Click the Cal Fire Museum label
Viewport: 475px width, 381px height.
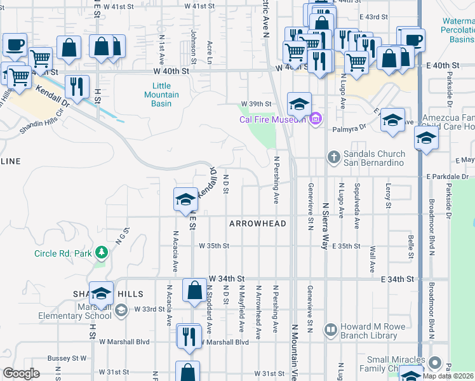pos(273,119)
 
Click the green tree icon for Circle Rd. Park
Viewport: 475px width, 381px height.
pos(101,253)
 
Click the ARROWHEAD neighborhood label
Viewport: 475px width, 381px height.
pos(258,224)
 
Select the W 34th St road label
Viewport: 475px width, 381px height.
pos(227,279)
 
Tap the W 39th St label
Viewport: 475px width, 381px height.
pos(255,104)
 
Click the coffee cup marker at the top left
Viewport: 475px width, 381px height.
pos(15,44)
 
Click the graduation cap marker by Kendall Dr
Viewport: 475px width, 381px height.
pos(185,199)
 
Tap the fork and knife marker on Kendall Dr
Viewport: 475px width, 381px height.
pos(77,86)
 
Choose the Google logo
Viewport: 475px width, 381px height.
pos(21,374)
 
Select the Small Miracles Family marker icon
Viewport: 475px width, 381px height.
pos(434,363)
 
